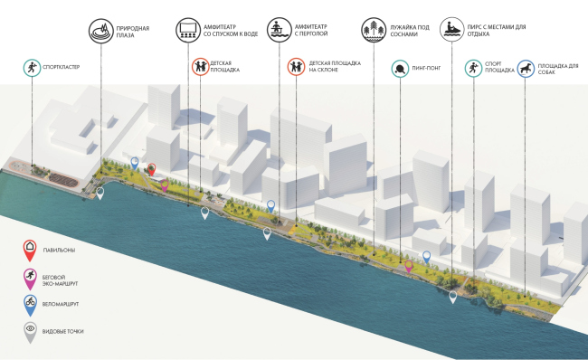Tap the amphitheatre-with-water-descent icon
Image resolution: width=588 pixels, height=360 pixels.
(x=187, y=29)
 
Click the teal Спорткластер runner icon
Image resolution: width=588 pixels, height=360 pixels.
(x=33, y=68)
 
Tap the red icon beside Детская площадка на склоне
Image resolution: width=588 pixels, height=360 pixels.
(x=295, y=68)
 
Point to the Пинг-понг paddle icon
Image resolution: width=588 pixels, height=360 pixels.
(x=401, y=68)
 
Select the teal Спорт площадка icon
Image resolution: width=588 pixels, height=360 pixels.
(x=472, y=68)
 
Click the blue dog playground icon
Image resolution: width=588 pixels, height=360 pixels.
(x=526, y=68)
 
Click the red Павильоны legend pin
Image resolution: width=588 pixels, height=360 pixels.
(x=31, y=247)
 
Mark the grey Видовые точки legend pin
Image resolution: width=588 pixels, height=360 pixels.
(x=31, y=332)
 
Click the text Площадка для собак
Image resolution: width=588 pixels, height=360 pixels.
(x=558, y=68)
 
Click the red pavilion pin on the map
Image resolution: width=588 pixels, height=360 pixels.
(x=152, y=169)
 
